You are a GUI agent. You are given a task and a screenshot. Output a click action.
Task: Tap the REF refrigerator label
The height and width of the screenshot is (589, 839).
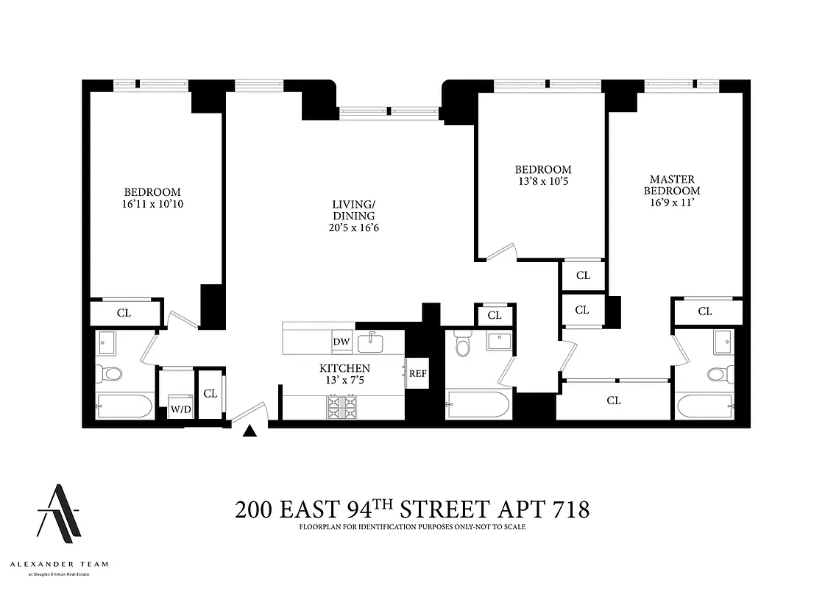pos(418,373)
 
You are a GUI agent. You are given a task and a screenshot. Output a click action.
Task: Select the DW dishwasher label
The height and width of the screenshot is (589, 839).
pos(341,342)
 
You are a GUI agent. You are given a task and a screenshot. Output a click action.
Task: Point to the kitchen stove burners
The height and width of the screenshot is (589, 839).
pos(341,406)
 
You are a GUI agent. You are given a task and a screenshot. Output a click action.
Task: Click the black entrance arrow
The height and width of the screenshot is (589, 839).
pos(250,432)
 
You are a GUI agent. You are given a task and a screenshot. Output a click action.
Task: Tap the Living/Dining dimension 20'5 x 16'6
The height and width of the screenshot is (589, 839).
pos(355,228)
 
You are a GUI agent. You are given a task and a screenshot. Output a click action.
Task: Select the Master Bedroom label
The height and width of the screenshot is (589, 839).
pos(672,185)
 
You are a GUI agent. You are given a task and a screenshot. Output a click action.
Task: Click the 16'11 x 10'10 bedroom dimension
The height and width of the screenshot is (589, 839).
pos(152,204)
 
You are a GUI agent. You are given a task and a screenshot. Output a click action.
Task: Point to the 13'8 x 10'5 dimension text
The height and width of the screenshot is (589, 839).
pos(543,181)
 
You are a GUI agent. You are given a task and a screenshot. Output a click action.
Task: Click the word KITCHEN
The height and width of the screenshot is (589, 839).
pos(344,368)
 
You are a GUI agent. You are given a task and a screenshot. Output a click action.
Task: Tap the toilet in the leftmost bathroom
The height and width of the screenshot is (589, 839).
pos(113,374)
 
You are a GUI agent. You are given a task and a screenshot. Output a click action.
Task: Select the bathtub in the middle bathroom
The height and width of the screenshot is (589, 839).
pos(477,405)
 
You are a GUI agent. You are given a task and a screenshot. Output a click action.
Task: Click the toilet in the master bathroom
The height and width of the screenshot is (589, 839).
pos(716,375)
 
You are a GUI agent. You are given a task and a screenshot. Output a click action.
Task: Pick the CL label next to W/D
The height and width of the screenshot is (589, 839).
pos(210,394)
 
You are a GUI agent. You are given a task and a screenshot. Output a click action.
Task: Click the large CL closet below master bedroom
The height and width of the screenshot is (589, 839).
pos(614,401)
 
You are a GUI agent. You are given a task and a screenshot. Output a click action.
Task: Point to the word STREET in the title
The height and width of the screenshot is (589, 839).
pos(439,509)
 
